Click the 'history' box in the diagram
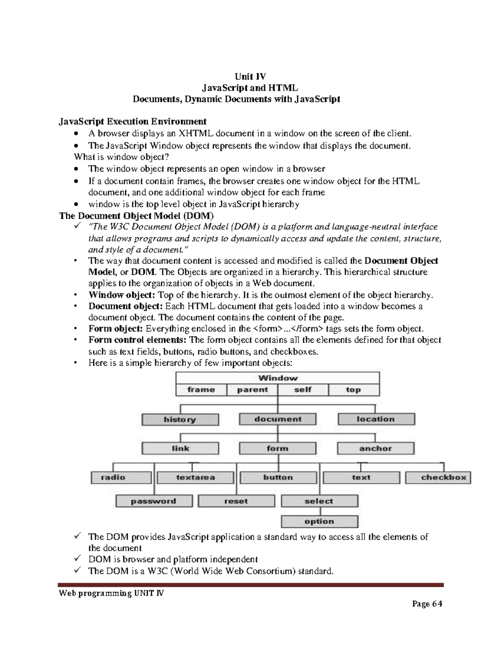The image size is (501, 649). coord(180,420)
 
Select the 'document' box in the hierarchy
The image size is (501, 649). coord(278,419)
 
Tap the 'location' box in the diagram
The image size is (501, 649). coord(376,419)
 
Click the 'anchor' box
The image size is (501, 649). coord(375,448)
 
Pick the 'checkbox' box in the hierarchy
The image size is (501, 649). coord(438,477)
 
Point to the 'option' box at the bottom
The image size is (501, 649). coord(319,522)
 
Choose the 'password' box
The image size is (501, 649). coord(154,501)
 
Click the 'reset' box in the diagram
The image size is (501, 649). coord(236,501)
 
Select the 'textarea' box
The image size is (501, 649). coord(195,477)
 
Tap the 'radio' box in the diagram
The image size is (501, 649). coord(121,477)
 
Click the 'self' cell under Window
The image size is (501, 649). coord(303,390)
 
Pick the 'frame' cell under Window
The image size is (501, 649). coord(201,390)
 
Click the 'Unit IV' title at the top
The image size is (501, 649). coord(250,76)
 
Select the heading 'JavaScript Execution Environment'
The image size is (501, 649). coord(132,122)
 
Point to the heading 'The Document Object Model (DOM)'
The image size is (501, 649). coord(136,216)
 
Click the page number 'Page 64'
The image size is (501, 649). coord(427,604)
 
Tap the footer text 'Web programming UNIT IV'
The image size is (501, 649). coord(111,593)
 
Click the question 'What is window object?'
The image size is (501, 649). coord(122,157)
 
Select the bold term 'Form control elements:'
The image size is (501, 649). coord(138,340)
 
